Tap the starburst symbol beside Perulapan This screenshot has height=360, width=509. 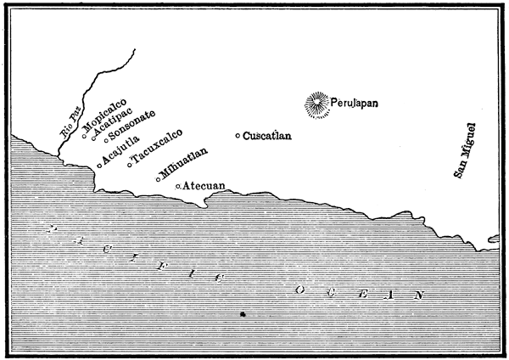318,104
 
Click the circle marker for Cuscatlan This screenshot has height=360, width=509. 238,136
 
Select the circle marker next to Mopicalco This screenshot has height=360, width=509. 85,132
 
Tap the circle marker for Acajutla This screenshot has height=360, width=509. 99,166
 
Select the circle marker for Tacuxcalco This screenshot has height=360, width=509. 129,165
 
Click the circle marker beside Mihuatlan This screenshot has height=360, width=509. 158,179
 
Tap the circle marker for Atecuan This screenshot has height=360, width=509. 177,185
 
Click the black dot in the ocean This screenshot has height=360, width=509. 243,314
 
